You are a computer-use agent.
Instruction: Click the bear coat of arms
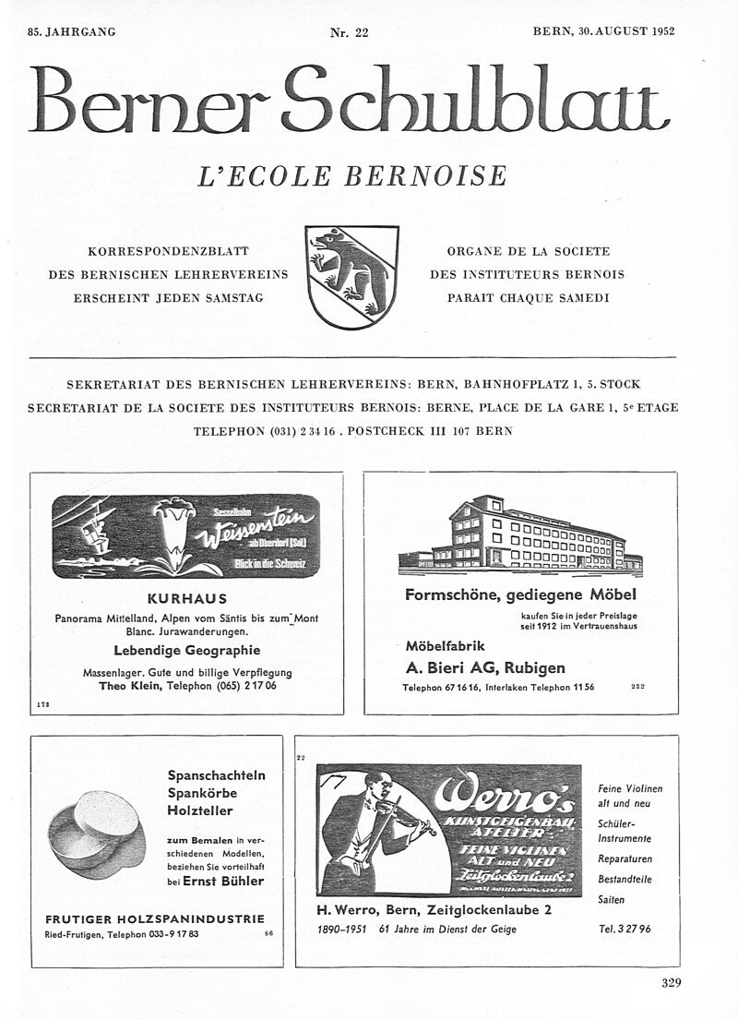click(351, 277)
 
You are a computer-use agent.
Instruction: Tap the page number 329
click(672, 983)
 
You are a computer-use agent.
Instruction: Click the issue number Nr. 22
click(349, 32)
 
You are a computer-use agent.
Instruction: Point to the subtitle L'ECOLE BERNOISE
click(352, 175)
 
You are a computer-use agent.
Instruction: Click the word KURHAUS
click(186, 598)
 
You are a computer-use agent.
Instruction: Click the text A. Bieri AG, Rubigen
click(485, 667)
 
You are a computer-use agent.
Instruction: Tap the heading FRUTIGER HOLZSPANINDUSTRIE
click(155, 918)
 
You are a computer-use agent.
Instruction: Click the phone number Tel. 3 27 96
click(625, 929)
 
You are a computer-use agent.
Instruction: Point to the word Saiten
click(611, 900)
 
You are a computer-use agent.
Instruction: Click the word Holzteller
click(200, 811)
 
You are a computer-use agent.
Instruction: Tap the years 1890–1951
click(343, 929)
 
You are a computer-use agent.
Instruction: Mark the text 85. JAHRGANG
click(72, 32)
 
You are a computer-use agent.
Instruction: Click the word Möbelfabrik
click(445, 646)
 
